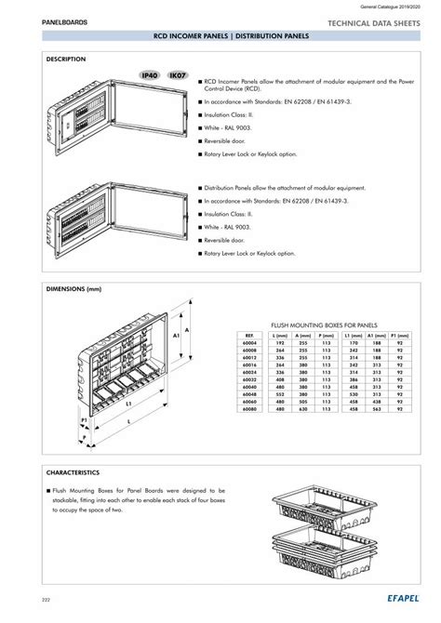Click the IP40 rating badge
(x=150, y=74)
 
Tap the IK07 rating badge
(x=177, y=74)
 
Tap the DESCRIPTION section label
(x=66, y=59)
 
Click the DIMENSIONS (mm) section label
(x=73, y=289)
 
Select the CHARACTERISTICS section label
(x=73, y=472)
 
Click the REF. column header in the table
(x=249, y=335)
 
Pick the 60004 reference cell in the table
(x=249, y=343)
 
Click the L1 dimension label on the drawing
(x=102, y=404)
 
